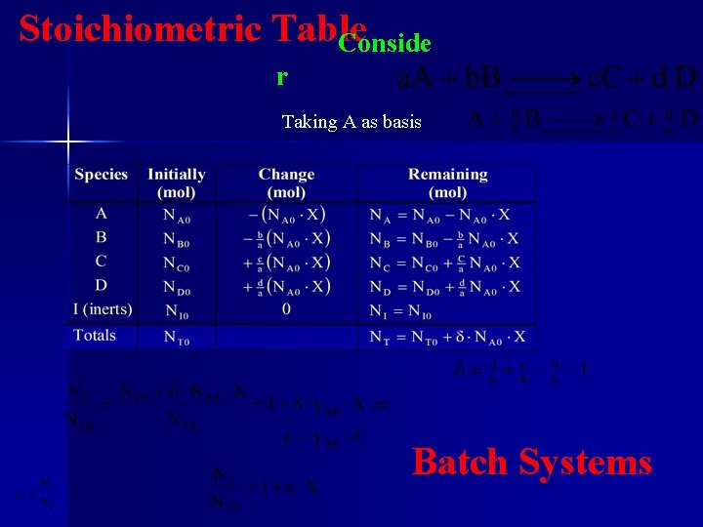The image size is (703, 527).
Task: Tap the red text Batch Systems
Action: tap(532, 462)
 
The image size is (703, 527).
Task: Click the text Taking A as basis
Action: tap(351, 122)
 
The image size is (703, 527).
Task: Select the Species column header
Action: tap(102, 175)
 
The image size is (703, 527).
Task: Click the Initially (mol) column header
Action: tap(177, 182)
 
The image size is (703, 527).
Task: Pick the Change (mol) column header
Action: tap(286, 182)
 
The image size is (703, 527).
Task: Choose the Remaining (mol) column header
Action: tap(448, 182)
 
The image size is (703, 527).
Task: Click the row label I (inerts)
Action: tap(103, 310)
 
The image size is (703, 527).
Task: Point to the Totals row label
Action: tap(95, 336)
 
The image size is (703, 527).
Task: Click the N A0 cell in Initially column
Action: tap(177, 215)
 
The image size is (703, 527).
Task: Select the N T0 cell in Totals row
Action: tap(177, 338)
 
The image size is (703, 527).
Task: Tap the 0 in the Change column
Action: tap(286, 310)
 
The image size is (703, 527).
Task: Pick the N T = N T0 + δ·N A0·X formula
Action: tap(448, 338)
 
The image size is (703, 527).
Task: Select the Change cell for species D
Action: tap(286, 287)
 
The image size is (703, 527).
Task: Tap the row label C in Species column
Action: tap(102, 262)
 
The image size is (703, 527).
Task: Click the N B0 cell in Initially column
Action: tap(177, 239)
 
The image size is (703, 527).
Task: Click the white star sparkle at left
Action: tap(67, 142)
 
